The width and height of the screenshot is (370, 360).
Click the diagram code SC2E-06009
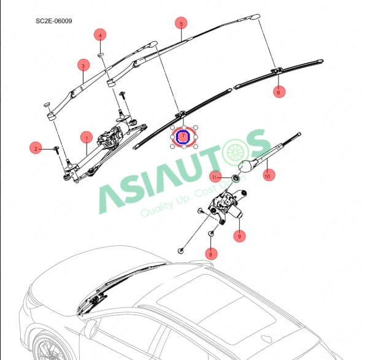pos(54,21)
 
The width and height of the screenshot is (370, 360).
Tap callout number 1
pos(87,137)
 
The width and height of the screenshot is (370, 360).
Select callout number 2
pos(36,148)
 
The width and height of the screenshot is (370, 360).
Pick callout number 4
pos(100,35)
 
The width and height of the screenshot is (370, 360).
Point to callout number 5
pos(180,24)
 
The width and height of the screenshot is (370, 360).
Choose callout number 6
pos(280,92)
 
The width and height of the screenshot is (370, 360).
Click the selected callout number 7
pos(183,137)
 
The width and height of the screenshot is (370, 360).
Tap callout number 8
pos(210,253)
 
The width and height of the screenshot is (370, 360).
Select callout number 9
pos(239,236)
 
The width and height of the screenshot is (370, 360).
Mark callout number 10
pos(267,176)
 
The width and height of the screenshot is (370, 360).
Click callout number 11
pos(215,177)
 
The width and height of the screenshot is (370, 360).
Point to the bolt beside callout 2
pos(56,148)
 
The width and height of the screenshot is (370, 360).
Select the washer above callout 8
pos(211,234)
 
